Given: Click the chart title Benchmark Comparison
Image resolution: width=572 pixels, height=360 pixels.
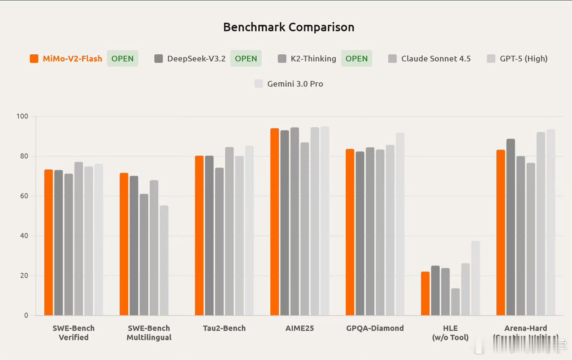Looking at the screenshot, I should coord(288,27).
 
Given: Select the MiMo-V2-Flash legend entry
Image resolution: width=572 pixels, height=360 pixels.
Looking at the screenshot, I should coord(72,59).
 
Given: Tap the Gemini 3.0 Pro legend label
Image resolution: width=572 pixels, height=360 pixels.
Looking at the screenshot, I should coord(295,84).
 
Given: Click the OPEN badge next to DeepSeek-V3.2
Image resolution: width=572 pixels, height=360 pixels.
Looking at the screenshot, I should coord(246,59).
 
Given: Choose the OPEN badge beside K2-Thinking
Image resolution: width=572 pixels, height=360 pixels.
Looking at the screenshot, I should coord(356,59).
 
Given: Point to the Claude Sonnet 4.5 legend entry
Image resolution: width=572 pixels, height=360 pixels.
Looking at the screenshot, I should coord(436,59).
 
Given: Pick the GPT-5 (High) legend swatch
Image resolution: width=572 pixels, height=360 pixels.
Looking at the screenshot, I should coord(491,59).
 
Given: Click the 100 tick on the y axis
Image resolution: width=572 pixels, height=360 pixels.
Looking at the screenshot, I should coord(22,116).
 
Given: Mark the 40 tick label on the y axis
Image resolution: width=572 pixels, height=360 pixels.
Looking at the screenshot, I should coord(24,236).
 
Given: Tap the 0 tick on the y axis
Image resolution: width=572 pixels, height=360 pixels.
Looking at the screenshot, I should coord(26,315).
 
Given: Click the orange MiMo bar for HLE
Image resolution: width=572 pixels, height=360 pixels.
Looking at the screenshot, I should coord(425,294).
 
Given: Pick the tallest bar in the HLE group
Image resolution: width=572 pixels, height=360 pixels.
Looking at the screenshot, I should coord(475,278).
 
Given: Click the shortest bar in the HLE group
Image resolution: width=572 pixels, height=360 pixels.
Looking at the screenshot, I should coord(455,302).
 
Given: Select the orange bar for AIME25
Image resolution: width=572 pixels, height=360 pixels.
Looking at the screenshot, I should coord(275,222).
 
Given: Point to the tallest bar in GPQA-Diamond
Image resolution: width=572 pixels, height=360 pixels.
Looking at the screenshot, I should coord(400,224).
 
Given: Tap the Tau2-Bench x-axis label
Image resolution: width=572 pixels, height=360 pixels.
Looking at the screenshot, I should coord(224,328).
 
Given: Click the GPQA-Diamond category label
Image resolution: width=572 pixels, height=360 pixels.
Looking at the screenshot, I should coord(375,328).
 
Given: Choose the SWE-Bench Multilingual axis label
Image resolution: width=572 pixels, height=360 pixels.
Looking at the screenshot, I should coord(149,333).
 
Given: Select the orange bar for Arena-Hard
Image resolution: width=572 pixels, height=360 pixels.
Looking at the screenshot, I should coord(501,233).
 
